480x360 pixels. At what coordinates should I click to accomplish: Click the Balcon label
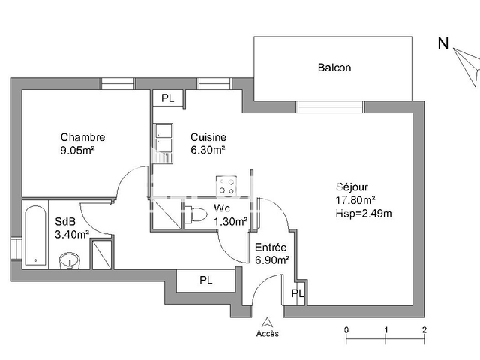point(334,67)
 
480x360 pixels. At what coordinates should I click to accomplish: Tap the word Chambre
point(82,137)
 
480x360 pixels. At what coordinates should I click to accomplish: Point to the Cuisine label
point(208,137)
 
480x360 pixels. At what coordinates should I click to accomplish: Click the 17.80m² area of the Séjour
point(355,200)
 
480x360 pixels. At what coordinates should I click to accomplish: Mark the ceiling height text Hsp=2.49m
point(364,213)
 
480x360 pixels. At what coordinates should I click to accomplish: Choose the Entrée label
point(270,247)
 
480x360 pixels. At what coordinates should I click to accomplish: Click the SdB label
point(65,221)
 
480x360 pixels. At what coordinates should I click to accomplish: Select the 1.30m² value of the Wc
point(230,221)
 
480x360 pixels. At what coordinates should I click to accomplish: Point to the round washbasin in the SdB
point(69,260)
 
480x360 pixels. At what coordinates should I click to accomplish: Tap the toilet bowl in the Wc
point(197,214)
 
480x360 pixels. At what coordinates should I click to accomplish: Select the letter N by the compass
point(442,43)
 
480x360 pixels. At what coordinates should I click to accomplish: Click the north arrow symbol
point(469,71)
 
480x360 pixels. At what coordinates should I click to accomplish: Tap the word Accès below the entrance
point(267,333)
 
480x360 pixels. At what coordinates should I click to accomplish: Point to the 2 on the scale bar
point(424,329)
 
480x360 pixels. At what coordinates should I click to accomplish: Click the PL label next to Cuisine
point(167,97)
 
